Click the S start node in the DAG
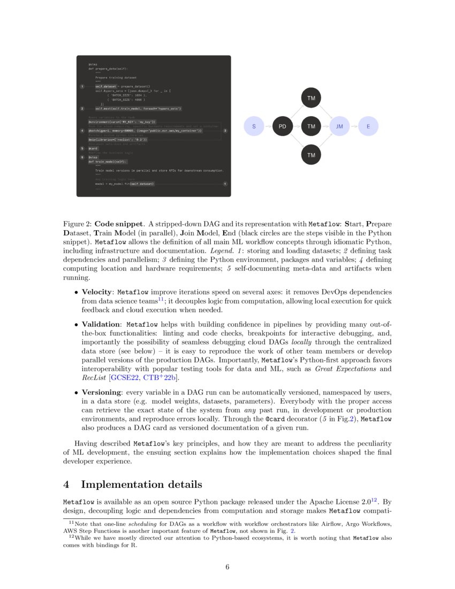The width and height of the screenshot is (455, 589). pos(254,127)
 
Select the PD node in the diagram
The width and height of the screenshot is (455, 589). pos(283,127)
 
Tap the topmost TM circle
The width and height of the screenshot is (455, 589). pos(311,99)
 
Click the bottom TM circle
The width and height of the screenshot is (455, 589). pos(311,155)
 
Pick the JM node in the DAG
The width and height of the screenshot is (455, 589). pos(339,127)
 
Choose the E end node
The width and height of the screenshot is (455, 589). pos(368,127)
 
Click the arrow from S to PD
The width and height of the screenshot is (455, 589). pos(268,127)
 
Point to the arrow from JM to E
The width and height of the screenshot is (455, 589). pos(354,127)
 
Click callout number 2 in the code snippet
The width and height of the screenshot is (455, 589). pos(81,109)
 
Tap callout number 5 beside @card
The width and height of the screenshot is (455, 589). pos(81,148)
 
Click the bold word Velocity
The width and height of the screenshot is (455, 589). pos(97,292)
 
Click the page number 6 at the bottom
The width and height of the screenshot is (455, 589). pos(227,568)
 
